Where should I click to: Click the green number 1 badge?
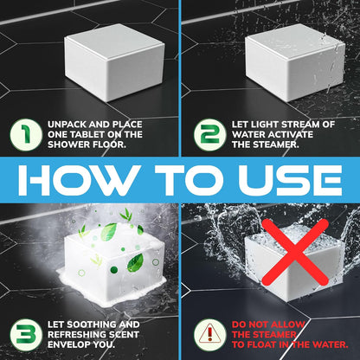(26, 135)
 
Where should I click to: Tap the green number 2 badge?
(209, 135)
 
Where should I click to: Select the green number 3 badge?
(26, 335)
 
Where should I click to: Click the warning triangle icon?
(209, 335)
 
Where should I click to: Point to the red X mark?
(295, 252)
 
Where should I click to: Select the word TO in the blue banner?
(189, 180)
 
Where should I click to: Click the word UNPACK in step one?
(67, 125)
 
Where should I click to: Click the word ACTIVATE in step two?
(293, 134)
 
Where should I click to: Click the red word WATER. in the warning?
(331, 344)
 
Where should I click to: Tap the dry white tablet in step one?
(114, 62)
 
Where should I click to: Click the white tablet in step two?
(295, 62)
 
